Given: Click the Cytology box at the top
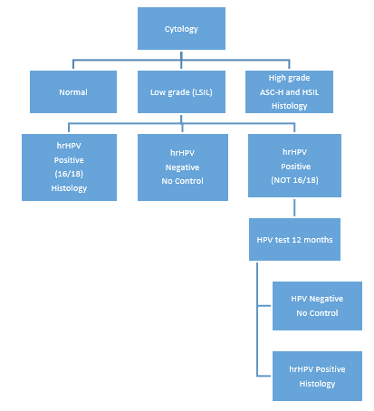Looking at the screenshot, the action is click(181, 28).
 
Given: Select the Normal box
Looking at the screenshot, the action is click(73, 91).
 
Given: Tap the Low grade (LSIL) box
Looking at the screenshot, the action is click(181, 91).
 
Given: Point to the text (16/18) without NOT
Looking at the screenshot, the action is click(69, 174).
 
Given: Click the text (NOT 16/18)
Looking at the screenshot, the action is click(294, 180).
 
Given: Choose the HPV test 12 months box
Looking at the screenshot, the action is click(294, 239).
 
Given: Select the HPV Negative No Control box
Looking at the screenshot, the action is click(317, 306).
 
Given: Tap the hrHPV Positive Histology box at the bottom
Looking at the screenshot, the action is click(317, 376).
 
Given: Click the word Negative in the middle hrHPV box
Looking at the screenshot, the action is click(182, 167).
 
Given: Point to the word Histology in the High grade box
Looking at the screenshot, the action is click(290, 106).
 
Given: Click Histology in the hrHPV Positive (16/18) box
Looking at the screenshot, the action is click(69, 188).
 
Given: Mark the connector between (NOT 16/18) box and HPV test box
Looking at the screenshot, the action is click(294, 207).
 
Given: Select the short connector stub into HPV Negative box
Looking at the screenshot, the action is click(264, 306).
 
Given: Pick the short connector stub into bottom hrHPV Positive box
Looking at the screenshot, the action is click(264, 376).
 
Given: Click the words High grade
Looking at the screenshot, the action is click(289, 78).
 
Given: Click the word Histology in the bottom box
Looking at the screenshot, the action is click(317, 384).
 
